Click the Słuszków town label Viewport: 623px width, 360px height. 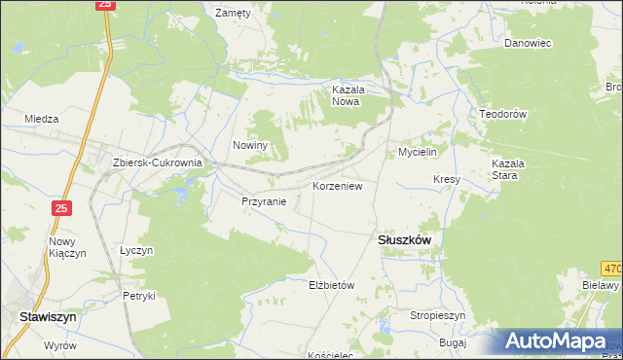click(x=404, y=239)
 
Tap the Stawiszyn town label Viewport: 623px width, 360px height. click(x=48, y=316)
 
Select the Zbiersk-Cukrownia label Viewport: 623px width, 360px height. click(x=157, y=163)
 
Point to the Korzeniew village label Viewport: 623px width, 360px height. click(x=337, y=185)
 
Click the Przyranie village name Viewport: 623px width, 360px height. click(x=264, y=202)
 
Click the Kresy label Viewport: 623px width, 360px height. click(x=447, y=180)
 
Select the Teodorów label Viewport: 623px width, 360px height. click(x=502, y=114)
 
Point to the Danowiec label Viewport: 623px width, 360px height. click(x=528, y=43)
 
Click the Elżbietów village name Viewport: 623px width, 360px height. click(x=330, y=285)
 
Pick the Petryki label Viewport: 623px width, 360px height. click(x=138, y=296)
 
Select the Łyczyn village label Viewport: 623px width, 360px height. click(x=136, y=250)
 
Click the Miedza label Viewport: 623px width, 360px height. click(x=42, y=119)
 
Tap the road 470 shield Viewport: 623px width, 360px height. click(x=611, y=268)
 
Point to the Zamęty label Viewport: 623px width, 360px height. click(x=233, y=14)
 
